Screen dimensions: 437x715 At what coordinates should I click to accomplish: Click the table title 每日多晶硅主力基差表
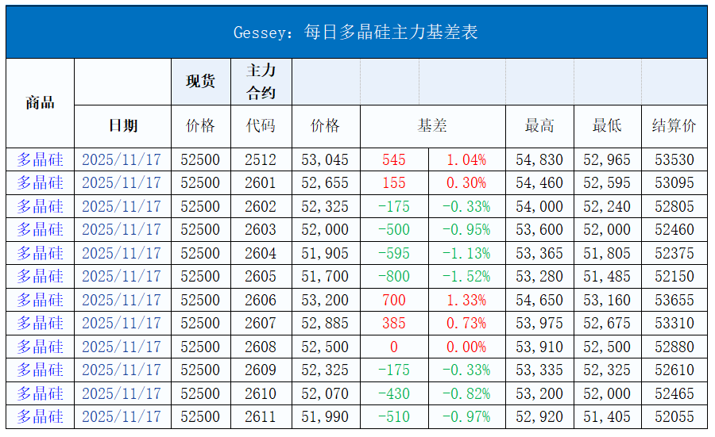coord(356,33)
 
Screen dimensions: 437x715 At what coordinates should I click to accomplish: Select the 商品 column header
coord(40,102)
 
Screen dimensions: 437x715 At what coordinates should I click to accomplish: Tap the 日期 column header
coord(122,125)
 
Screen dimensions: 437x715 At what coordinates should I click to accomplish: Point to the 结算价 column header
coord(674,125)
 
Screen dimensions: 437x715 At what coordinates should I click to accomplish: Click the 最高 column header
coord(539,125)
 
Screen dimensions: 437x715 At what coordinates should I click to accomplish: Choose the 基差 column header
coord(432,125)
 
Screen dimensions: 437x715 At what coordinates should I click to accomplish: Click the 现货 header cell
coord(200,81)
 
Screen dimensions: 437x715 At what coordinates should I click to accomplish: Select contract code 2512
coord(261,159)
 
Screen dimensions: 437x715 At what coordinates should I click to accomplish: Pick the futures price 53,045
coord(325,159)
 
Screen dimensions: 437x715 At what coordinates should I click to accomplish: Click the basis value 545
coord(393,159)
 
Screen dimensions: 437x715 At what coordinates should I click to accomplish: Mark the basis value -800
coord(393,277)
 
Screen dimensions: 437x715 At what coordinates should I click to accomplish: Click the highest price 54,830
coord(539,159)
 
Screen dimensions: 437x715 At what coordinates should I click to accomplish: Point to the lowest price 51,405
coord(607,416)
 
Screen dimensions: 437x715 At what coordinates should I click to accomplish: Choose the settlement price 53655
coord(674,300)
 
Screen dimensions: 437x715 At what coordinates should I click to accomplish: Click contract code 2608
coord(261,347)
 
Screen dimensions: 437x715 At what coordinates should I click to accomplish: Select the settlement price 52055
coord(674,416)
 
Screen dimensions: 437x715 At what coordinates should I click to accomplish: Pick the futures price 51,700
coord(325,277)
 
